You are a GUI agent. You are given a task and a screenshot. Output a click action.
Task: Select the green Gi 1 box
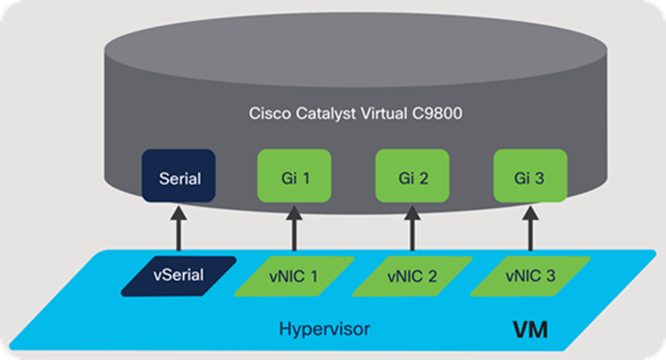coord(293,179)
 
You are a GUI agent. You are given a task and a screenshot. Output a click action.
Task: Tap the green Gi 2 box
coord(411,179)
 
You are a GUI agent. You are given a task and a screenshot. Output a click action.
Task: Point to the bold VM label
coord(530,329)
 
